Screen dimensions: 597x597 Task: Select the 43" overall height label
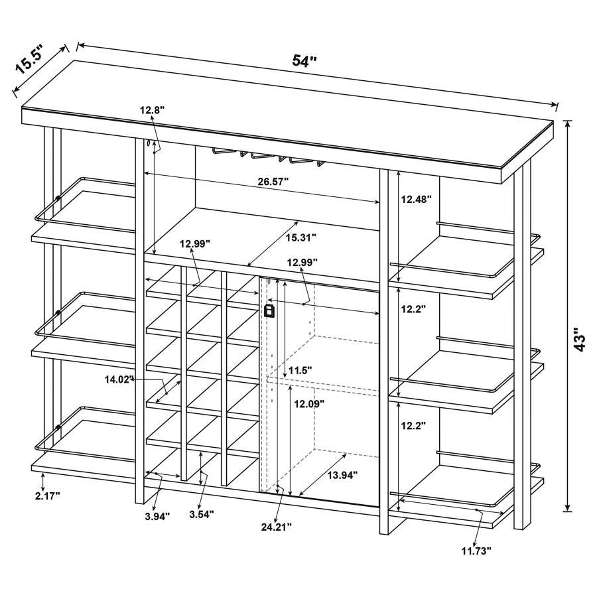[x=580, y=339]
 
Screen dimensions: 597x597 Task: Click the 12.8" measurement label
[x=153, y=110]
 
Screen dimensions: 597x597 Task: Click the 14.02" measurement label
[x=119, y=379]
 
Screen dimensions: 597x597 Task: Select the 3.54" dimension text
[x=201, y=513]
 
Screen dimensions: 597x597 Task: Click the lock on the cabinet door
[x=269, y=310]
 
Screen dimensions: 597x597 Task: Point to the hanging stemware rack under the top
[x=272, y=155]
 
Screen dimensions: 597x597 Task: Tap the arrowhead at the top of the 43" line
[x=568, y=123]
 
